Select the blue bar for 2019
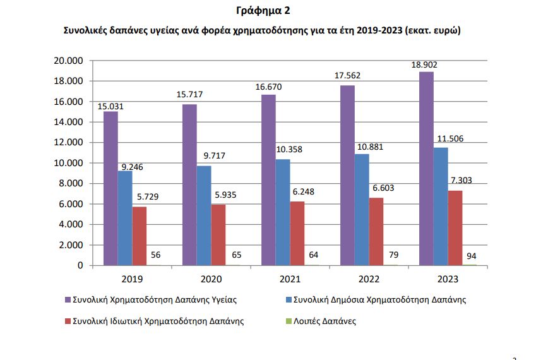coord(125,218)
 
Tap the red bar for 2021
coord(297,233)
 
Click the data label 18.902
coord(424,64)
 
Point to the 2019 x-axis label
coord(132,279)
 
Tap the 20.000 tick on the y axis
coord(70,61)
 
